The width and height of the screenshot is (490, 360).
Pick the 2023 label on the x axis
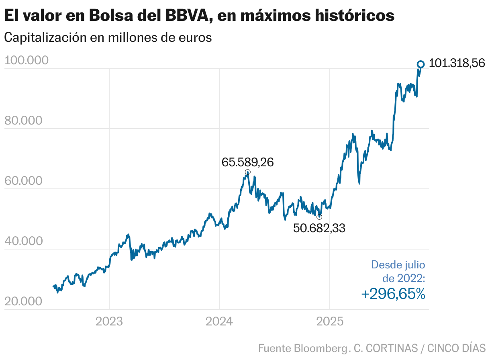[109, 321]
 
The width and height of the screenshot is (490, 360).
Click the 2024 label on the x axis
[219, 321]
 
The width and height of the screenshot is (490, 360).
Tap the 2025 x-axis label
[330, 321]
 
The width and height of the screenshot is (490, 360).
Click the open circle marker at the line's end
[421, 64]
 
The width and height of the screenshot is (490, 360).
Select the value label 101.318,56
[457, 63]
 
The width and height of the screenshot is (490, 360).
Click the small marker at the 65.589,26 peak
[248, 172]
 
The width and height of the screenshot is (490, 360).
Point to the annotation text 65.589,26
[248, 162]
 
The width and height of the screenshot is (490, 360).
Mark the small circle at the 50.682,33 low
[319, 217]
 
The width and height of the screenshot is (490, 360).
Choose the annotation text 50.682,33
[319, 228]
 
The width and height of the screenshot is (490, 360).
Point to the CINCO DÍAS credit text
[456, 348]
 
